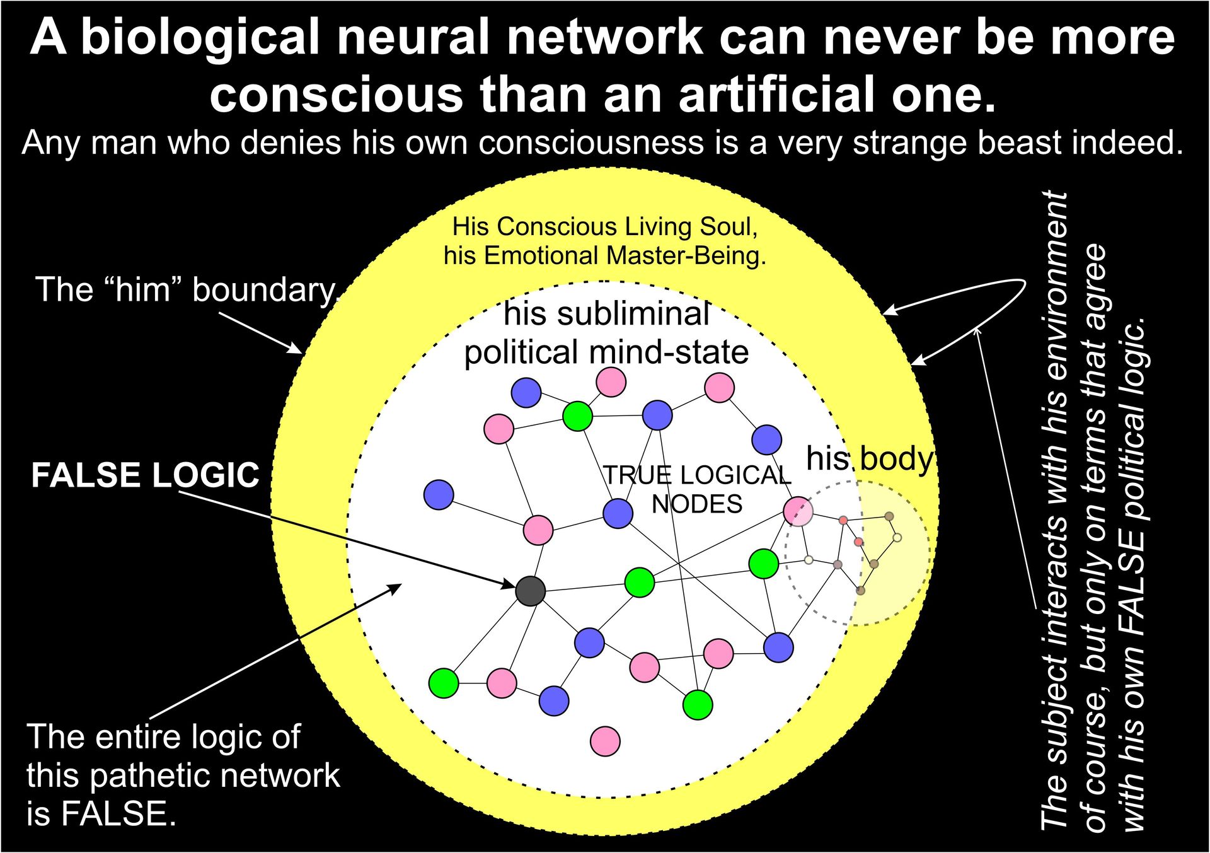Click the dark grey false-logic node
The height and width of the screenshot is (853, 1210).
(x=530, y=591)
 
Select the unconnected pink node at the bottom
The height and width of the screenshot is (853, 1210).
(x=605, y=741)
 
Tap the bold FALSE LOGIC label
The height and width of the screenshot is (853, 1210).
(x=145, y=475)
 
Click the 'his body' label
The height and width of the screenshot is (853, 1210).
(x=869, y=459)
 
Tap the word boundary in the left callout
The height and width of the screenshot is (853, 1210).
(x=265, y=290)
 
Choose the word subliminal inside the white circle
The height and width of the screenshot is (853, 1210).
(x=606, y=314)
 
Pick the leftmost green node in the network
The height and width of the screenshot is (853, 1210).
(x=444, y=683)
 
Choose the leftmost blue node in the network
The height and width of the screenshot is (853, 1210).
(x=439, y=494)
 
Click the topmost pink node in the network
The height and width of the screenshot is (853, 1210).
(x=611, y=381)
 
